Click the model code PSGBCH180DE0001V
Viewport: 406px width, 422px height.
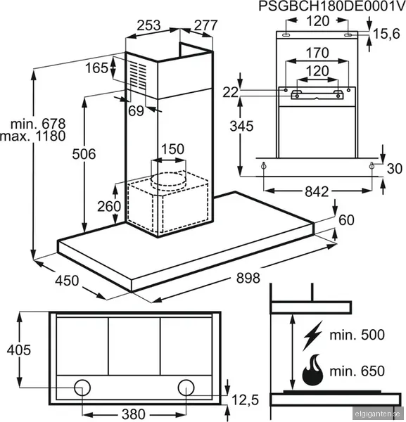click(x=332, y=6)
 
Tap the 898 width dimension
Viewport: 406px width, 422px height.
click(x=248, y=278)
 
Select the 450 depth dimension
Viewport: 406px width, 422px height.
click(x=67, y=281)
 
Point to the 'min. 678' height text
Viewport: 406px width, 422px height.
click(x=38, y=124)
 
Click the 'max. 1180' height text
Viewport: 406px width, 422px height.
click(x=33, y=136)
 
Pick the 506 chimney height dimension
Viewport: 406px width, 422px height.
click(x=84, y=154)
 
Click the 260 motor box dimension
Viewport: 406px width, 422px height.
click(x=109, y=207)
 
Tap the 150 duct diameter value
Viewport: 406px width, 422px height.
click(x=172, y=149)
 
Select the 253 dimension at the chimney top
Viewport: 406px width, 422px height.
click(x=148, y=25)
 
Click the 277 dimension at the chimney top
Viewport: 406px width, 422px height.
click(x=205, y=25)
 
